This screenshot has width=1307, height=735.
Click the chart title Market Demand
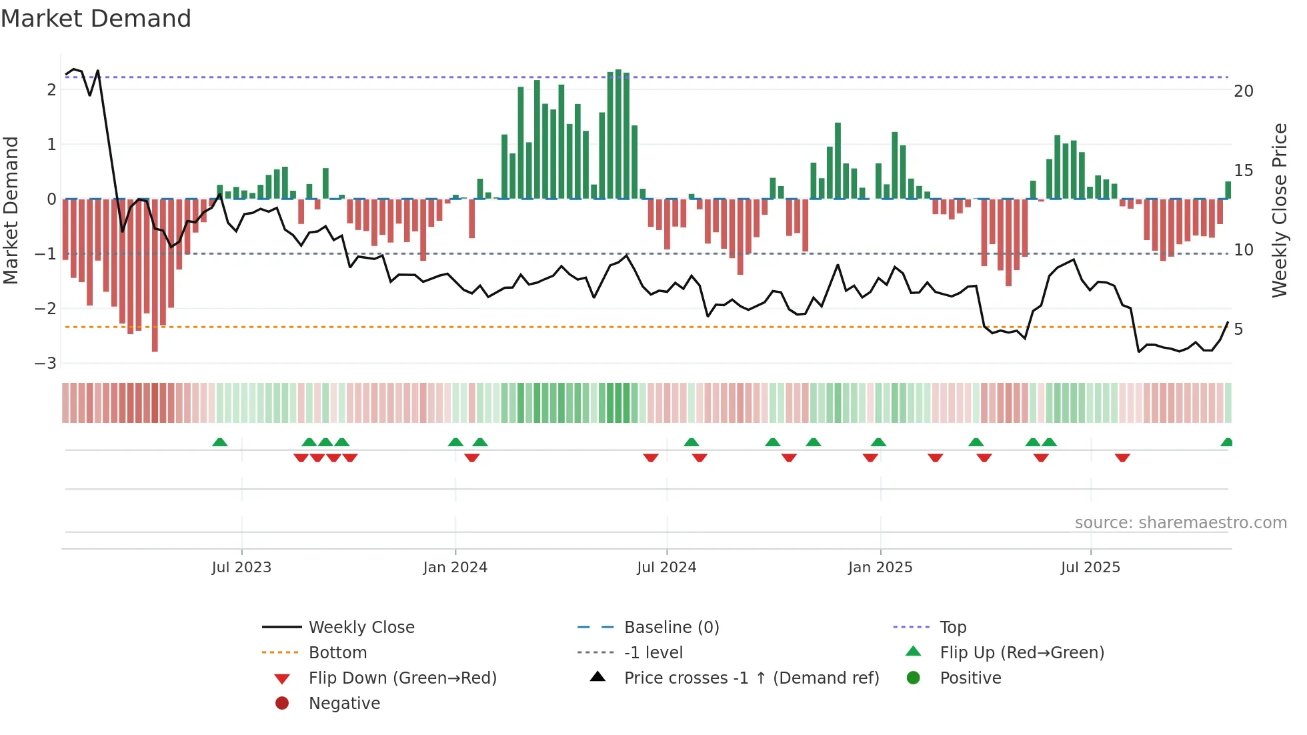(x=96, y=19)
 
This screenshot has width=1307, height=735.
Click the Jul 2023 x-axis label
(x=241, y=568)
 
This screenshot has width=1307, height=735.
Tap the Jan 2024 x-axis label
(x=455, y=568)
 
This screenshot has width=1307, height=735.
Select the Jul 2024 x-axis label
(x=667, y=568)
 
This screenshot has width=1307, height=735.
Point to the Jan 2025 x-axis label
(x=880, y=568)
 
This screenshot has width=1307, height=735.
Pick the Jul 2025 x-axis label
(x=1091, y=568)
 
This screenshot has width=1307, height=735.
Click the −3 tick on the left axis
(x=46, y=363)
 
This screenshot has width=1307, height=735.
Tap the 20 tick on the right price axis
(x=1244, y=91)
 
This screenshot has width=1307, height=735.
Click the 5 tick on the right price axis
(x=1238, y=329)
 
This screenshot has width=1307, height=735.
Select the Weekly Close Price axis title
(x=1280, y=210)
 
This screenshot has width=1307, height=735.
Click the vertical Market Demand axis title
(x=11, y=210)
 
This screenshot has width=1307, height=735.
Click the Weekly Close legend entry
(x=361, y=628)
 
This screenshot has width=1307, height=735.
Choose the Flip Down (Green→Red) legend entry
(x=402, y=678)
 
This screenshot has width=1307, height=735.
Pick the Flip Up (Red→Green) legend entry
(x=1022, y=653)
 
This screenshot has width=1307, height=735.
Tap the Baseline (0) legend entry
(x=672, y=628)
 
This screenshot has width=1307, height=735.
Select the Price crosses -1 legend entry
(x=751, y=678)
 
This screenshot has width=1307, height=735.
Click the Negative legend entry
(x=344, y=704)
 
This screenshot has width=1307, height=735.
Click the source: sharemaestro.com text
(x=1180, y=523)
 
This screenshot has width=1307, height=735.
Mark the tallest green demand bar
(x=618, y=133)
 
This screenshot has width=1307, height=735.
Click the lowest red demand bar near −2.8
(x=155, y=280)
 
